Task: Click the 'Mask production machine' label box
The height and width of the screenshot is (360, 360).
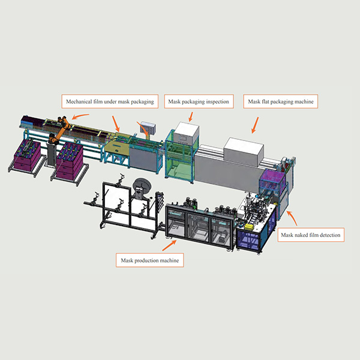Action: point(149,260)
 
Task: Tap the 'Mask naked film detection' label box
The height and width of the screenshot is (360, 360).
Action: point(311,235)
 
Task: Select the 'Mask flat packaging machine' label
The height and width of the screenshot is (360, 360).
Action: point(281,101)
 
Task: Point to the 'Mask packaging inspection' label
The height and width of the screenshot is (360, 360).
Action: point(199,101)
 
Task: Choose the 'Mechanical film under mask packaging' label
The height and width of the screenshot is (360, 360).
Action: point(110,101)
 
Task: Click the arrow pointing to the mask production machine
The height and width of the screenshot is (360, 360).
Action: point(169,245)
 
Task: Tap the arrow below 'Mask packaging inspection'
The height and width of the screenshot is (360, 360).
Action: point(191,117)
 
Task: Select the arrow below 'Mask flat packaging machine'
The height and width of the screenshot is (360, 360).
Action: point(255,125)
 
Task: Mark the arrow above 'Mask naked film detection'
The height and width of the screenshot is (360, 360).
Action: point(292,218)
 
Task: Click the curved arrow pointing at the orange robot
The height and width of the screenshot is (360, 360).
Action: point(80,116)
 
